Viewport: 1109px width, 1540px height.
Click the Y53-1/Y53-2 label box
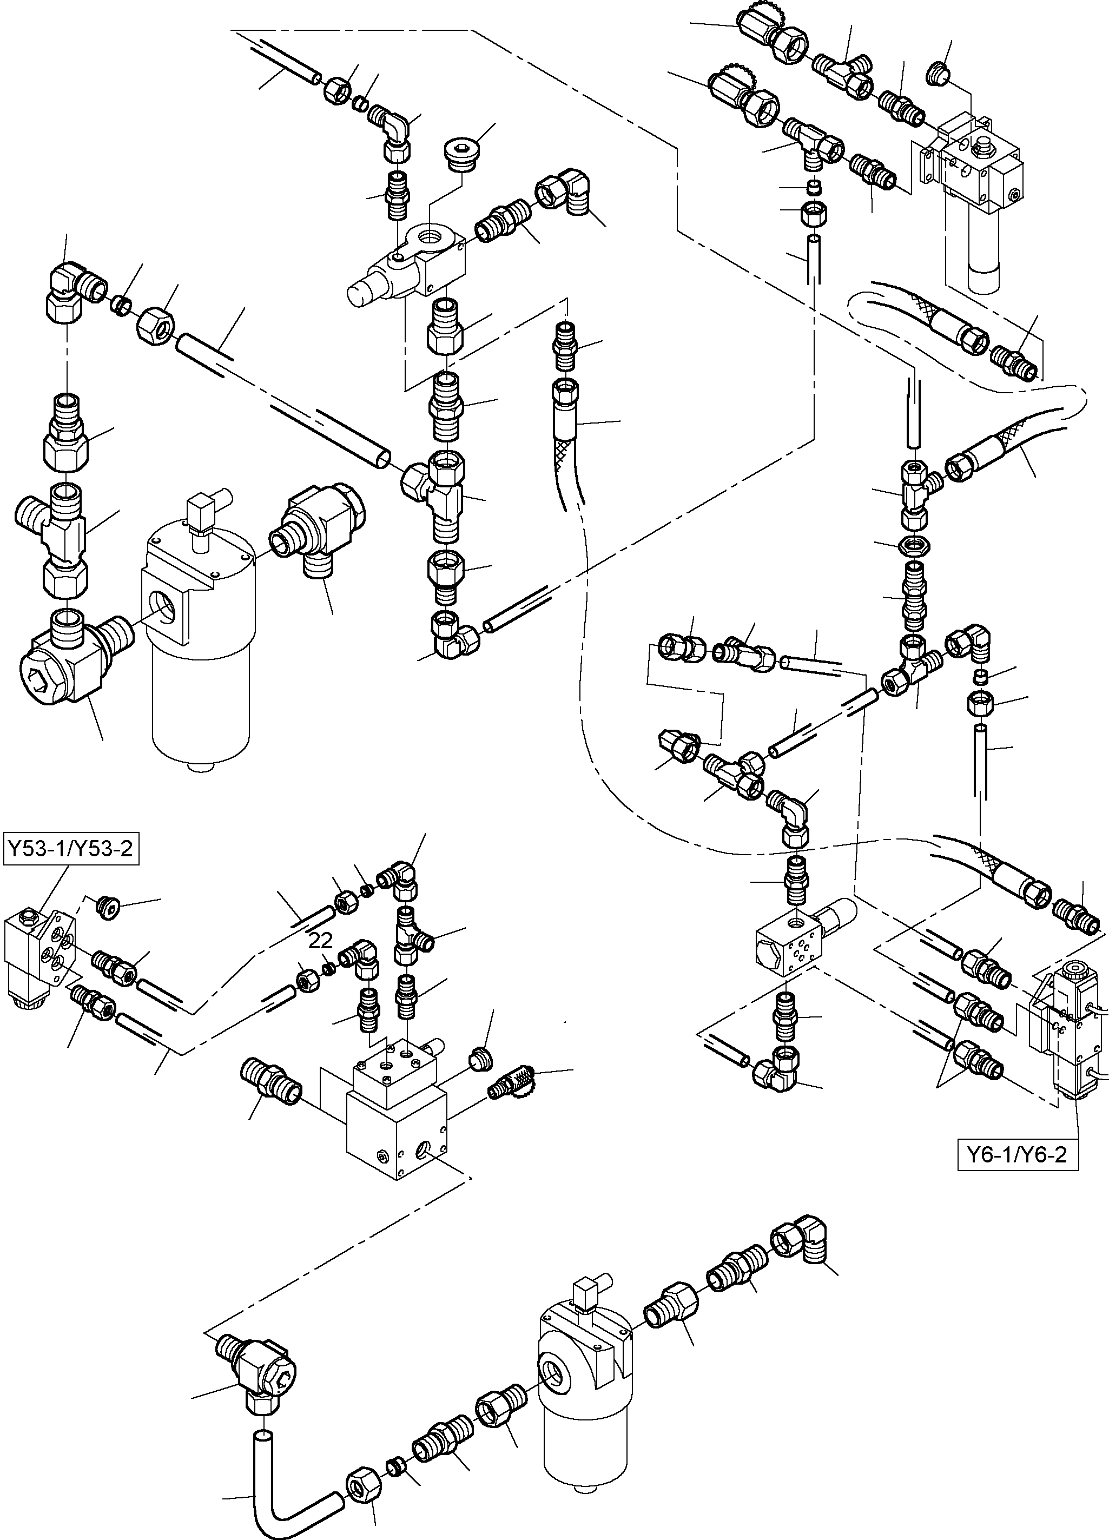[x=71, y=849]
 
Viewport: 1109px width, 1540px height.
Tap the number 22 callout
[x=321, y=941]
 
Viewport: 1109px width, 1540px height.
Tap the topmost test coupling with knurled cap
[x=771, y=37]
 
